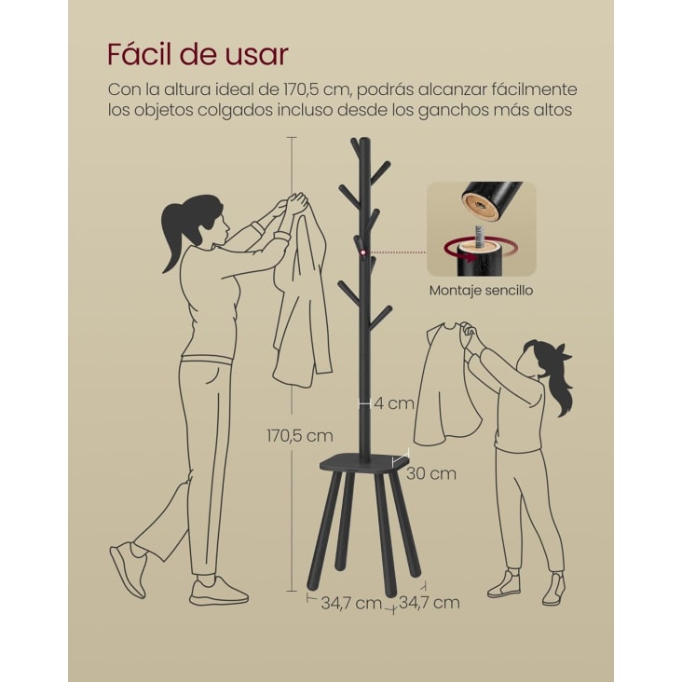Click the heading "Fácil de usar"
pos(198,54)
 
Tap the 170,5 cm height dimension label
pos(300,435)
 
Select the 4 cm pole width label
pos(394,403)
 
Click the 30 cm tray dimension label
pos(431,473)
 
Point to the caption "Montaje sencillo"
pos(481,290)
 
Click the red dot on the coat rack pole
pos(363,252)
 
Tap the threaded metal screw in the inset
pos(480,236)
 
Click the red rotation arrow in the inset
pos(480,252)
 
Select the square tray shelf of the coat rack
pos(364,462)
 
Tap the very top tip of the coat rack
pos(365,138)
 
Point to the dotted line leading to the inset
pos(396,252)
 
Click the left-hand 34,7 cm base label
pos(351,604)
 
